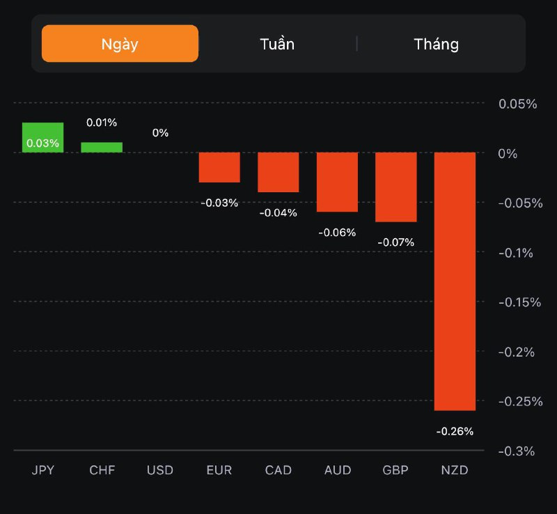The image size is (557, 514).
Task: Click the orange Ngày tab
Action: (x=120, y=44)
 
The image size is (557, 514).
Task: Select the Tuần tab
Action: (x=277, y=44)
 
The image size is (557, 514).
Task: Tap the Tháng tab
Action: (x=437, y=44)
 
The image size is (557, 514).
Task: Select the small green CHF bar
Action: (x=102, y=147)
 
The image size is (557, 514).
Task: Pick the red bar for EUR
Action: (x=219, y=167)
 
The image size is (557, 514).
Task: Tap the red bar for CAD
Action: (x=278, y=172)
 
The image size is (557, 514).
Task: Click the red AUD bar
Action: (x=337, y=182)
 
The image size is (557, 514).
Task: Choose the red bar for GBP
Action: (x=396, y=187)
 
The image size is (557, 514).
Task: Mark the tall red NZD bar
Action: (x=455, y=281)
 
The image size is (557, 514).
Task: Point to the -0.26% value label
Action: (x=455, y=431)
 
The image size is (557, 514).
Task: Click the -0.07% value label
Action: (x=395, y=242)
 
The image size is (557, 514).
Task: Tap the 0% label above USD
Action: (x=160, y=132)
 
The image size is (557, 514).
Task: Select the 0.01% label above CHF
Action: (x=102, y=123)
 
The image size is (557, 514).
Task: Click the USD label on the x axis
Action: (x=160, y=470)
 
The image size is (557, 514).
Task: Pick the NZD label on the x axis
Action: (x=455, y=470)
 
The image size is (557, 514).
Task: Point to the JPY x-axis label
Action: (x=42, y=470)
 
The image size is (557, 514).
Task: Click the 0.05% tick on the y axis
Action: (x=517, y=104)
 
